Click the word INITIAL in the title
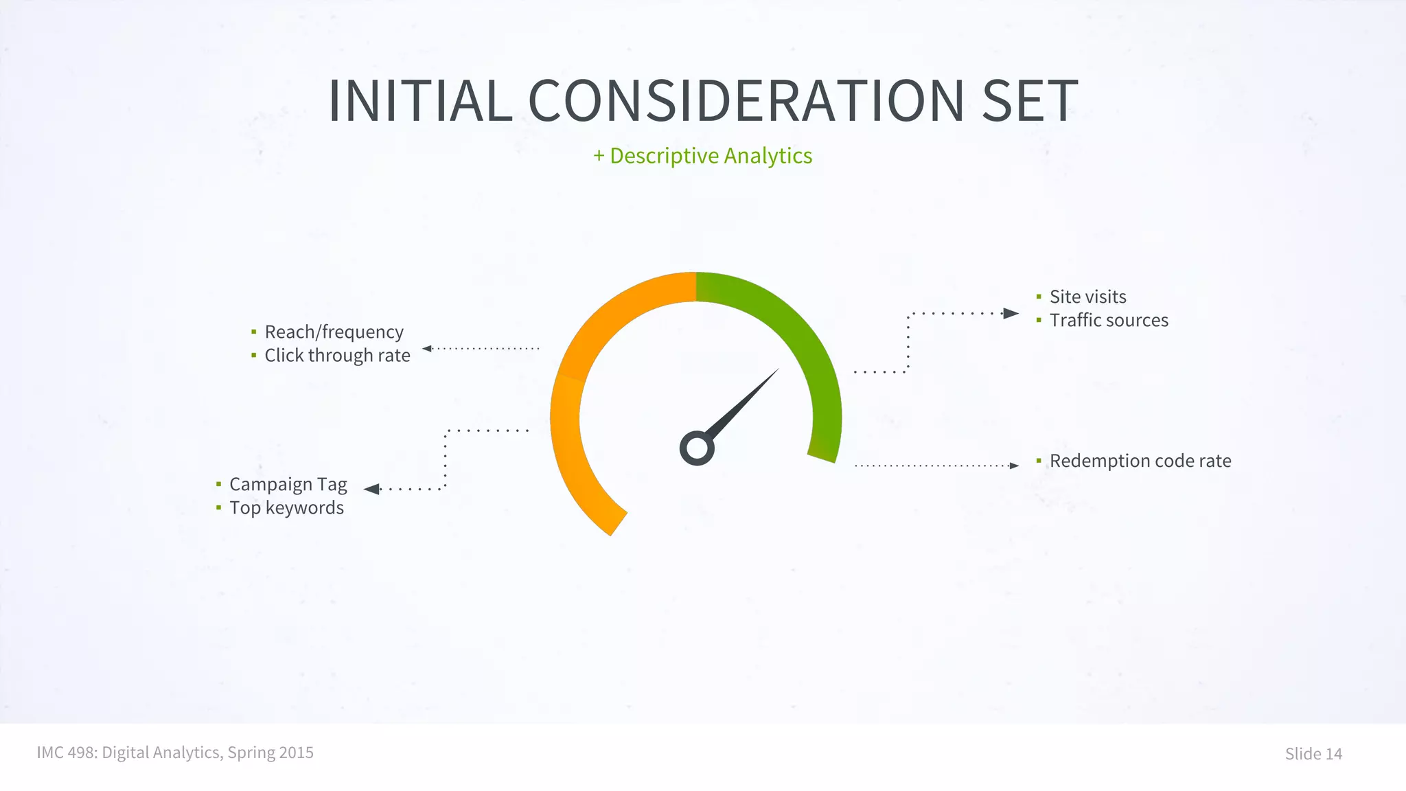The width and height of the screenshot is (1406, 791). tap(420, 101)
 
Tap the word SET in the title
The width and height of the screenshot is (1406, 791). tap(1029, 101)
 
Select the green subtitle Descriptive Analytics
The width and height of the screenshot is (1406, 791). tap(703, 156)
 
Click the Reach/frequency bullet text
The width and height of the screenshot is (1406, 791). tap(334, 332)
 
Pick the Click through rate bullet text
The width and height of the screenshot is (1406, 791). tap(337, 356)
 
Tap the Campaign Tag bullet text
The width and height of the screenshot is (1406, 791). tap(288, 485)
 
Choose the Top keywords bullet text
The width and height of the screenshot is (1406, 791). tap(286, 508)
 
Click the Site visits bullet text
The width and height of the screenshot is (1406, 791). tap(1087, 297)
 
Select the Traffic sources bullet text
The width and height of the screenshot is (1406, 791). tap(1108, 321)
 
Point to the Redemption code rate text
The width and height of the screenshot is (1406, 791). tap(1140, 461)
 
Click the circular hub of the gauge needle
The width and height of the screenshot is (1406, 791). tap(697, 448)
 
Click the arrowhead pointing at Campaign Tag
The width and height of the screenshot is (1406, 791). tap(371, 489)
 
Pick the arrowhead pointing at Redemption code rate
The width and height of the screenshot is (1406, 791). tap(1014, 466)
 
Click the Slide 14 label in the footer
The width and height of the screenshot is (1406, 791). tap(1313, 754)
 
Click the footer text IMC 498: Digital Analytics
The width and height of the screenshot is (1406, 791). tap(175, 753)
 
